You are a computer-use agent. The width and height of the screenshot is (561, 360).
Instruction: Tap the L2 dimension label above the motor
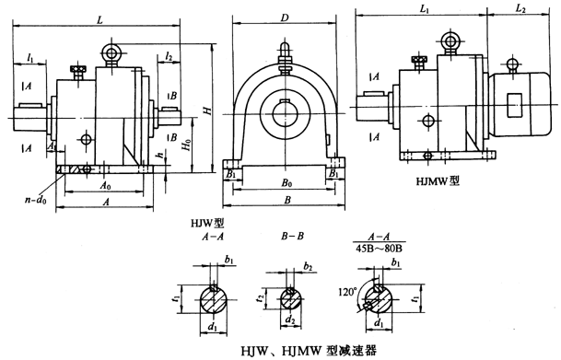coord(520,8)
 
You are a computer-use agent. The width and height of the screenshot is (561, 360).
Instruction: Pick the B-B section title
coord(293,237)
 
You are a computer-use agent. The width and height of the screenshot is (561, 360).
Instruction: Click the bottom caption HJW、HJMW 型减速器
coord(279,350)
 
